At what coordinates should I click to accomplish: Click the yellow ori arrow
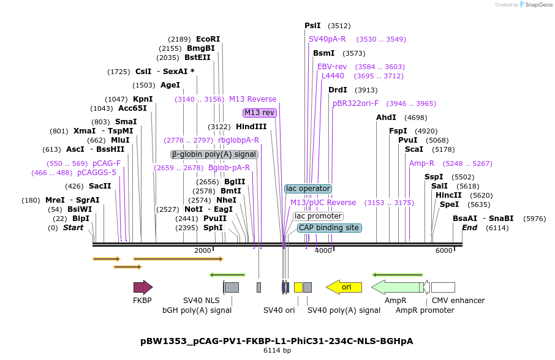point(344,287)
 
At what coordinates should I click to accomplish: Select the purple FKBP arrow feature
point(143,287)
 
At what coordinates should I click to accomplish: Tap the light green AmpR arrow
point(398,287)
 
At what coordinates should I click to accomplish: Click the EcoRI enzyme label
point(208,39)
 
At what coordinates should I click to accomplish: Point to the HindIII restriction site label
point(251,127)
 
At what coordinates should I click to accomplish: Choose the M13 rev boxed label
point(260,113)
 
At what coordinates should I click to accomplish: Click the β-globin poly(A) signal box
point(214,154)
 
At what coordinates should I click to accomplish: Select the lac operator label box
point(308,189)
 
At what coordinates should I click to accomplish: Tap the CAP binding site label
point(330,228)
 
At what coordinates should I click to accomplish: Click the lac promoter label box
point(318,216)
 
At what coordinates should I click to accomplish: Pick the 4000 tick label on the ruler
point(323,250)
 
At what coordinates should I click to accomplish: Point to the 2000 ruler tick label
point(202,250)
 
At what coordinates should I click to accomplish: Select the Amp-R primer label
point(421,163)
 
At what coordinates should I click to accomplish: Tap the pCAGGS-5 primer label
point(96,173)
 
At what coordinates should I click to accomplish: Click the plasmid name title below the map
point(277,340)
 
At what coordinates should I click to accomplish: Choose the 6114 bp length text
point(277,351)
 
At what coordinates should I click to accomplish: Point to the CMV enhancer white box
point(443,287)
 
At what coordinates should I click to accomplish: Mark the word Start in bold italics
point(73,228)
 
